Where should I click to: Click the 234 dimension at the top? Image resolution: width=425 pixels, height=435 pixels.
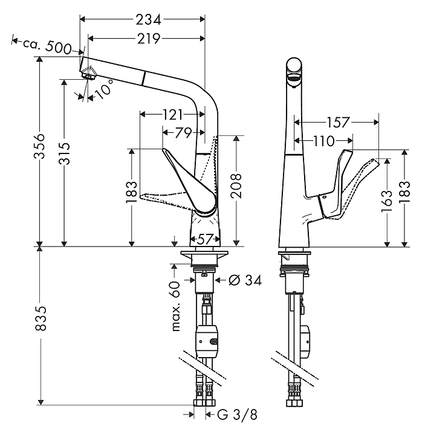[x=148, y=20]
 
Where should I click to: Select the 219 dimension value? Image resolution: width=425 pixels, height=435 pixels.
[x=149, y=39]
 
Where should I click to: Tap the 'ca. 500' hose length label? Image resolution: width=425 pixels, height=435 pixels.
[x=47, y=46]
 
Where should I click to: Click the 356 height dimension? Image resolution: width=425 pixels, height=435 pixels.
[x=39, y=146]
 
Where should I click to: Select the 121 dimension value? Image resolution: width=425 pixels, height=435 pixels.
[x=172, y=115]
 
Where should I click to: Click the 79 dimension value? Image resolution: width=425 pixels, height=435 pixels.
[x=184, y=133]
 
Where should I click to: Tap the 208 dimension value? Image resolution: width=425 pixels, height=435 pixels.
[x=236, y=186]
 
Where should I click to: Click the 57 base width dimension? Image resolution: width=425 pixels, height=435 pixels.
[x=205, y=239]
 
